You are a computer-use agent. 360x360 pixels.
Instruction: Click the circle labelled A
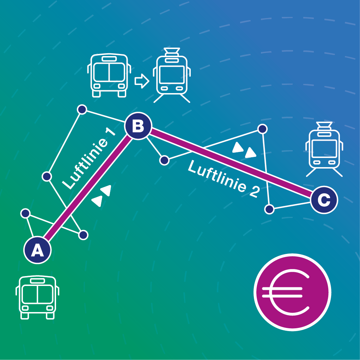click(37, 250)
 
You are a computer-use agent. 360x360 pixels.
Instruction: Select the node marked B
click(138, 126)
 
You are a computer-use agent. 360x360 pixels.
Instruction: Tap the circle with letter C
click(324, 200)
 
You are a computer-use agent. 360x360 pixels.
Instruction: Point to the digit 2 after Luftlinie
click(255, 191)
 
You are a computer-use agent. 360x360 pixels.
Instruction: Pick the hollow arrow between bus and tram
click(142, 81)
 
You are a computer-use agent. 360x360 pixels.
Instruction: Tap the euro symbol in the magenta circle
click(286, 292)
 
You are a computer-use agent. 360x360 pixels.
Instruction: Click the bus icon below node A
click(37, 297)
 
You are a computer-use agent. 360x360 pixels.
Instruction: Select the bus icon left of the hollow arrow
click(109, 75)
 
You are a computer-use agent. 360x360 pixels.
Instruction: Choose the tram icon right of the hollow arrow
click(172, 75)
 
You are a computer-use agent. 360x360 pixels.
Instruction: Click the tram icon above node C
click(324, 149)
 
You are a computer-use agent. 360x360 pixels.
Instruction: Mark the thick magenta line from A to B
click(88, 188)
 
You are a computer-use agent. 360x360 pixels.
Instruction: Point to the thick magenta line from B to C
click(231, 163)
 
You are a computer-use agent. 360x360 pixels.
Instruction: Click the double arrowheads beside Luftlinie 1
click(101, 196)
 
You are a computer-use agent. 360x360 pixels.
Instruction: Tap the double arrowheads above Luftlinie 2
click(244, 150)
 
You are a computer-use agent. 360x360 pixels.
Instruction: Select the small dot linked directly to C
click(269, 209)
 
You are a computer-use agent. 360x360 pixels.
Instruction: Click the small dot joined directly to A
click(25, 213)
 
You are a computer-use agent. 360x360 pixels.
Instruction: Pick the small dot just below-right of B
click(164, 160)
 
